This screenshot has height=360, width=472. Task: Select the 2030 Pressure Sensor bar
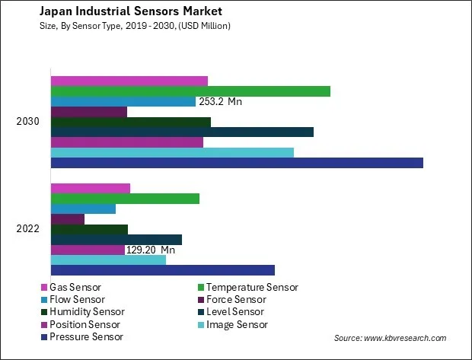(x=236, y=163)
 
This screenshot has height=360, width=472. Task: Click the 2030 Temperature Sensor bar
(x=190, y=91)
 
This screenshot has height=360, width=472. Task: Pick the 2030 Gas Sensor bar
(x=129, y=81)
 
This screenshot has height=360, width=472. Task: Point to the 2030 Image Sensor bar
(x=171, y=152)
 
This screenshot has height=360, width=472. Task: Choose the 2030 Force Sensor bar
(x=88, y=112)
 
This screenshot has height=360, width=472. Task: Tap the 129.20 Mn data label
(x=150, y=250)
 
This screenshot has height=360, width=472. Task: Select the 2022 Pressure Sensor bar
(x=162, y=270)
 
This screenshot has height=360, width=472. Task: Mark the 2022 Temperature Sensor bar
(x=125, y=199)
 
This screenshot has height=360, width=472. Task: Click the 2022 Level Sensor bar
(x=116, y=240)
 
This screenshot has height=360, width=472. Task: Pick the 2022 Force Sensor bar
(x=67, y=219)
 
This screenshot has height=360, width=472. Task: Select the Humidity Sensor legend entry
(x=86, y=312)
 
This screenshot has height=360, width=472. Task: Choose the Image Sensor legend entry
(x=237, y=324)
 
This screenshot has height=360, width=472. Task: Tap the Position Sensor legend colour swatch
(x=44, y=324)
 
